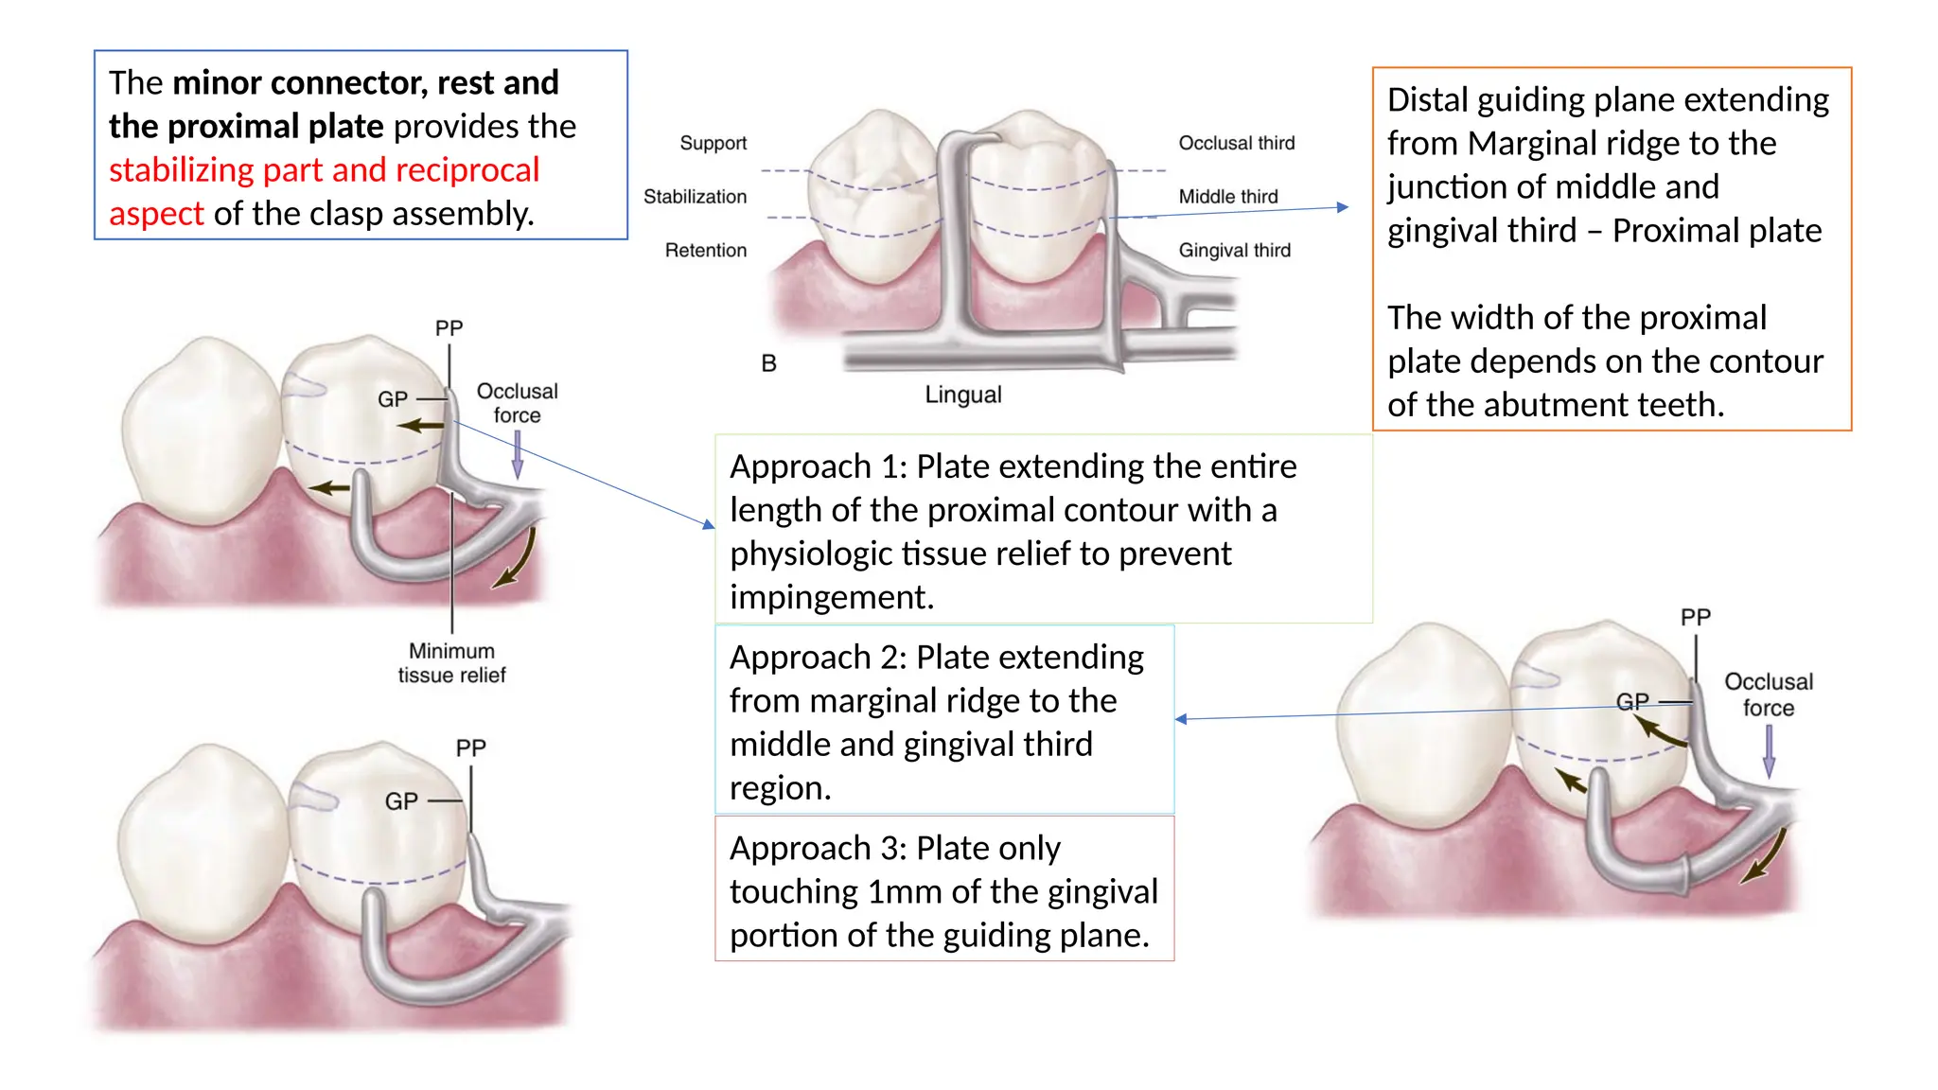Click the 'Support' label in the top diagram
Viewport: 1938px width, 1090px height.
(713, 143)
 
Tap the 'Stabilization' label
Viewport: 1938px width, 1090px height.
(695, 197)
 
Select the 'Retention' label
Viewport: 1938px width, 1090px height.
(705, 251)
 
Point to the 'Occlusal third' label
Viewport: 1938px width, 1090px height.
(1236, 143)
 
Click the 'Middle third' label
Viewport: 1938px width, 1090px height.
(1227, 197)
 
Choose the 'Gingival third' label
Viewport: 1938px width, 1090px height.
(1234, 251)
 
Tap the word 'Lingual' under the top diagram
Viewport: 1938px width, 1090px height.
(962, 395)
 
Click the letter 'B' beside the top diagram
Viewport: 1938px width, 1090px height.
(768, 363)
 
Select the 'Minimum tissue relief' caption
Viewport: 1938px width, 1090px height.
(451, 662)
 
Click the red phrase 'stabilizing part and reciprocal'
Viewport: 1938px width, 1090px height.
(324, 170)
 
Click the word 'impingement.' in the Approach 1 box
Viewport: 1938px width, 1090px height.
(831, 597)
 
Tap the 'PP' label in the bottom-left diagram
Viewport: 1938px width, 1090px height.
(470, 747)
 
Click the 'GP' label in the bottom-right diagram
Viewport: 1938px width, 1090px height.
(1631, 701)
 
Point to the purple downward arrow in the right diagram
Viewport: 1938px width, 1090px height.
(1769, 752)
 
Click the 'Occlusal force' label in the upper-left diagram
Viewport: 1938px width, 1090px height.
(517, 403)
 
